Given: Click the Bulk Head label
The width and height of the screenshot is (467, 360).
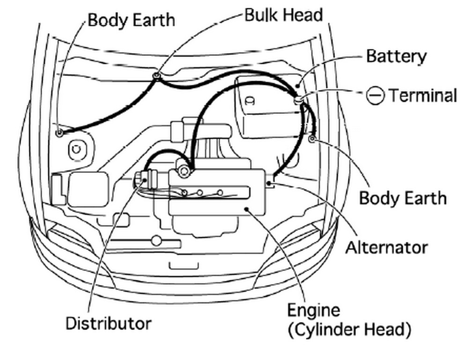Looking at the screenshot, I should [x=283, y=15].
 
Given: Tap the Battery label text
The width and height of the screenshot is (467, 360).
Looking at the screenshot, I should [x=396, y=56].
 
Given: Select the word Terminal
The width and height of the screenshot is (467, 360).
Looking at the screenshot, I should [x=423, y=96].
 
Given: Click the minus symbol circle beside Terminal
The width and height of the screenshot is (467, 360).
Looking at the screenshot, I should [x=375, y=96].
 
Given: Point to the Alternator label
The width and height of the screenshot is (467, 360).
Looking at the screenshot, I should [x=386, y=247].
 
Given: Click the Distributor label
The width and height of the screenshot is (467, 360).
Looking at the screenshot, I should [x=108, y=323].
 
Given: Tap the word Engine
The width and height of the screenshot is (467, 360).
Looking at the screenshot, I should [x=313, y=310].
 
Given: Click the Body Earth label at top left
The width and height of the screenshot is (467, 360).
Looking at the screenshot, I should [x=131, y=20].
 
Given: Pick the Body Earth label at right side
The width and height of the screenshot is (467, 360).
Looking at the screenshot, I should [x=402, y=198].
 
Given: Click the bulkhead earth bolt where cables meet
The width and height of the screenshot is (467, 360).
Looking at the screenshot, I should [x=156, y=75].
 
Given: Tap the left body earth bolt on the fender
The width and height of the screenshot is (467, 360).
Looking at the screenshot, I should [x=59, y=133].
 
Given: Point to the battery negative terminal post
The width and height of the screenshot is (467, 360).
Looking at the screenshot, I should [x=298, y=99].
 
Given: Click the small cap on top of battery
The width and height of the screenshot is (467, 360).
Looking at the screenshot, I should [x=250, y=100].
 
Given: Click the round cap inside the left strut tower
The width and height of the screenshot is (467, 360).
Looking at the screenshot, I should [x=75, y=150].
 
